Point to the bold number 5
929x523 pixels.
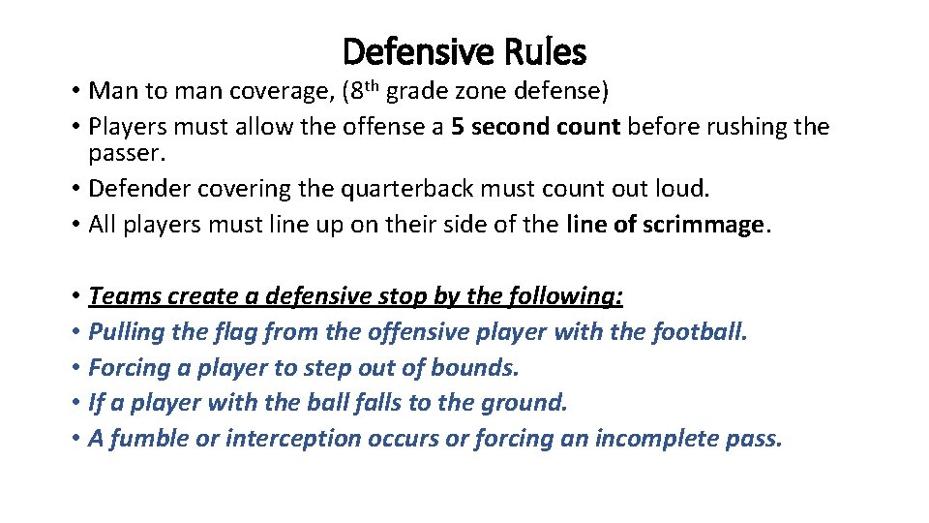click(457, 127)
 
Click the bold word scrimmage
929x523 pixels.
click(702, 225)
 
